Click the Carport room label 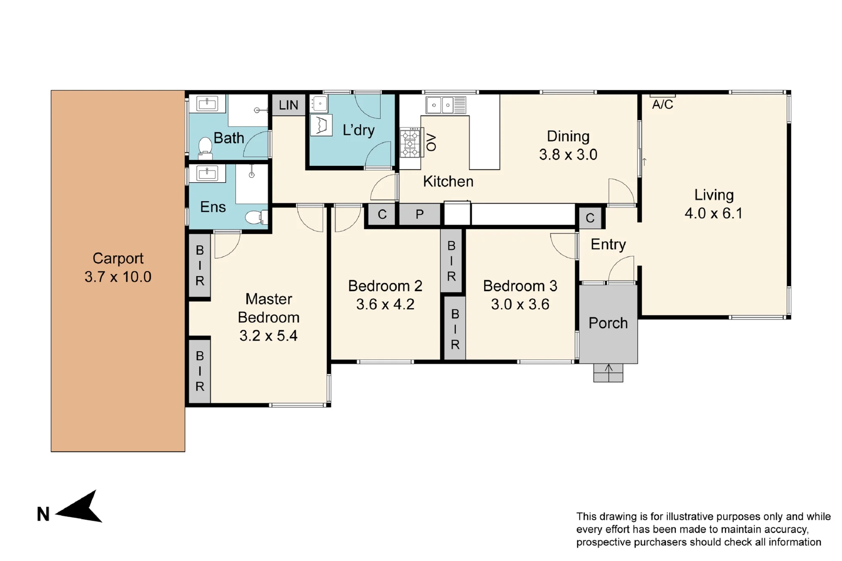tap(118, 258)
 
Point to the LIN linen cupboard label tap(288, 105)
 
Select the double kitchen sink tap(446, 105)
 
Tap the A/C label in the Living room tap(663, 104)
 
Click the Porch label tap(608, 323)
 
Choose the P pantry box tap(420, 215)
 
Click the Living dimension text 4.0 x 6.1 tap(714, 213)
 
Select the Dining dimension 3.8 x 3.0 tap(568, 154)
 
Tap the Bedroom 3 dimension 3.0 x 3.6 tap(520, 304)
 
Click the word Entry tap(608, 245)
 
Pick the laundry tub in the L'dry tap(321, 125)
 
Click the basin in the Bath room tap(207, 104)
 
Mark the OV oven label tap(431, 142)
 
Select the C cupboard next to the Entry tap(590, 218)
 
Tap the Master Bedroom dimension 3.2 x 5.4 tap(269, 336)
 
